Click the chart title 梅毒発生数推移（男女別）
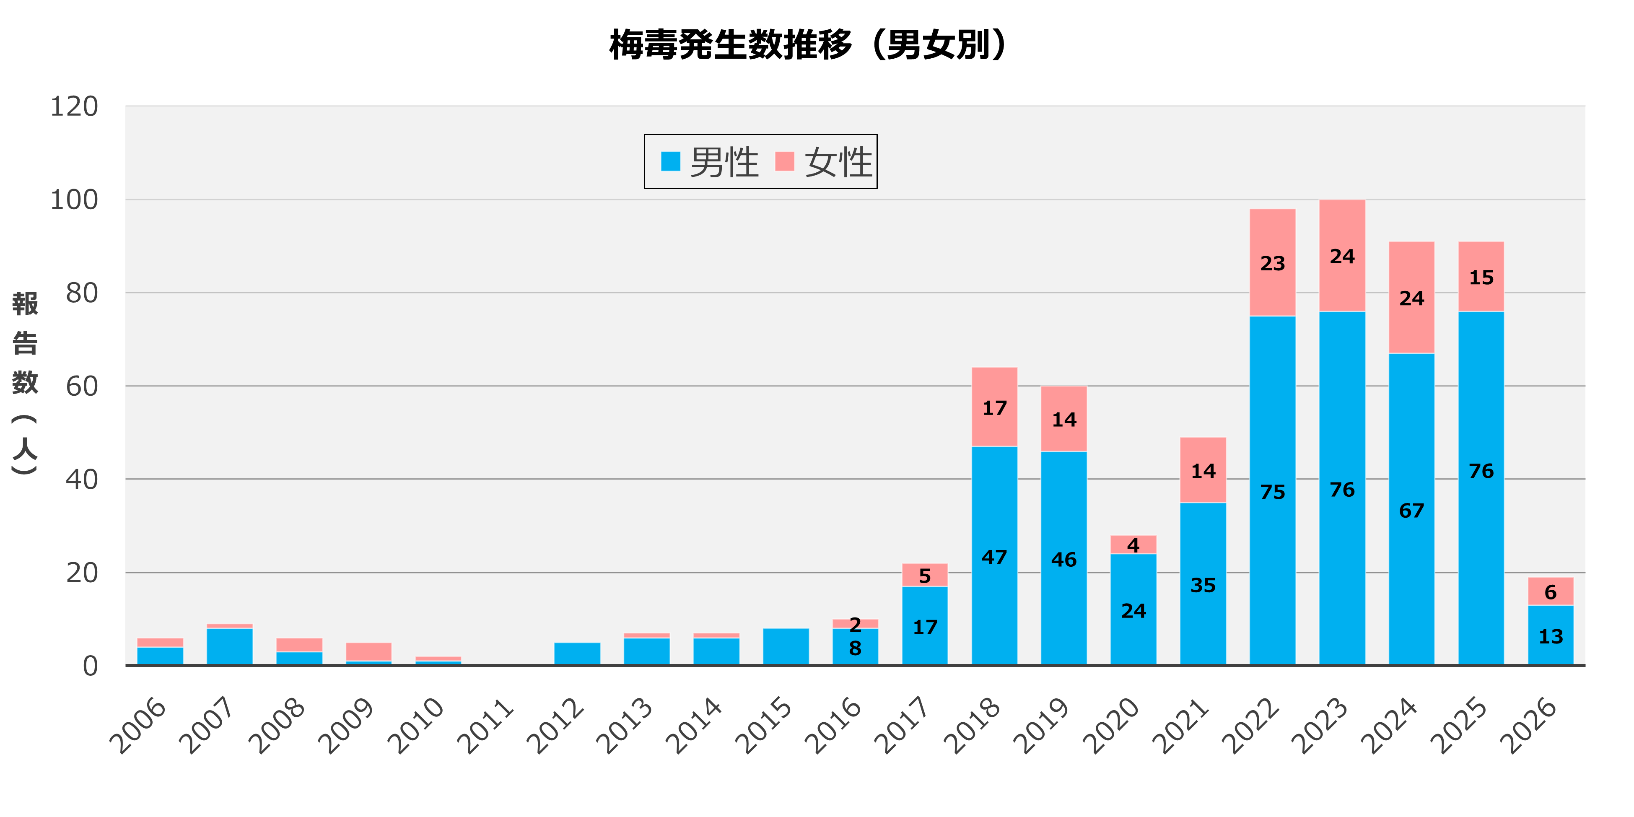tap(808, 44)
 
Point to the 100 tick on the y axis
tap(74, 200)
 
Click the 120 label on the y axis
tap(74, 106)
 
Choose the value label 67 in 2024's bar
tap(1411, 511)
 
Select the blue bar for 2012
tap(576, 654)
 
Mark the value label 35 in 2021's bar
tap(1203, 585)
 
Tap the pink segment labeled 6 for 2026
tap(1550, 591)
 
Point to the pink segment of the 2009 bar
tap(368, 651)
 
